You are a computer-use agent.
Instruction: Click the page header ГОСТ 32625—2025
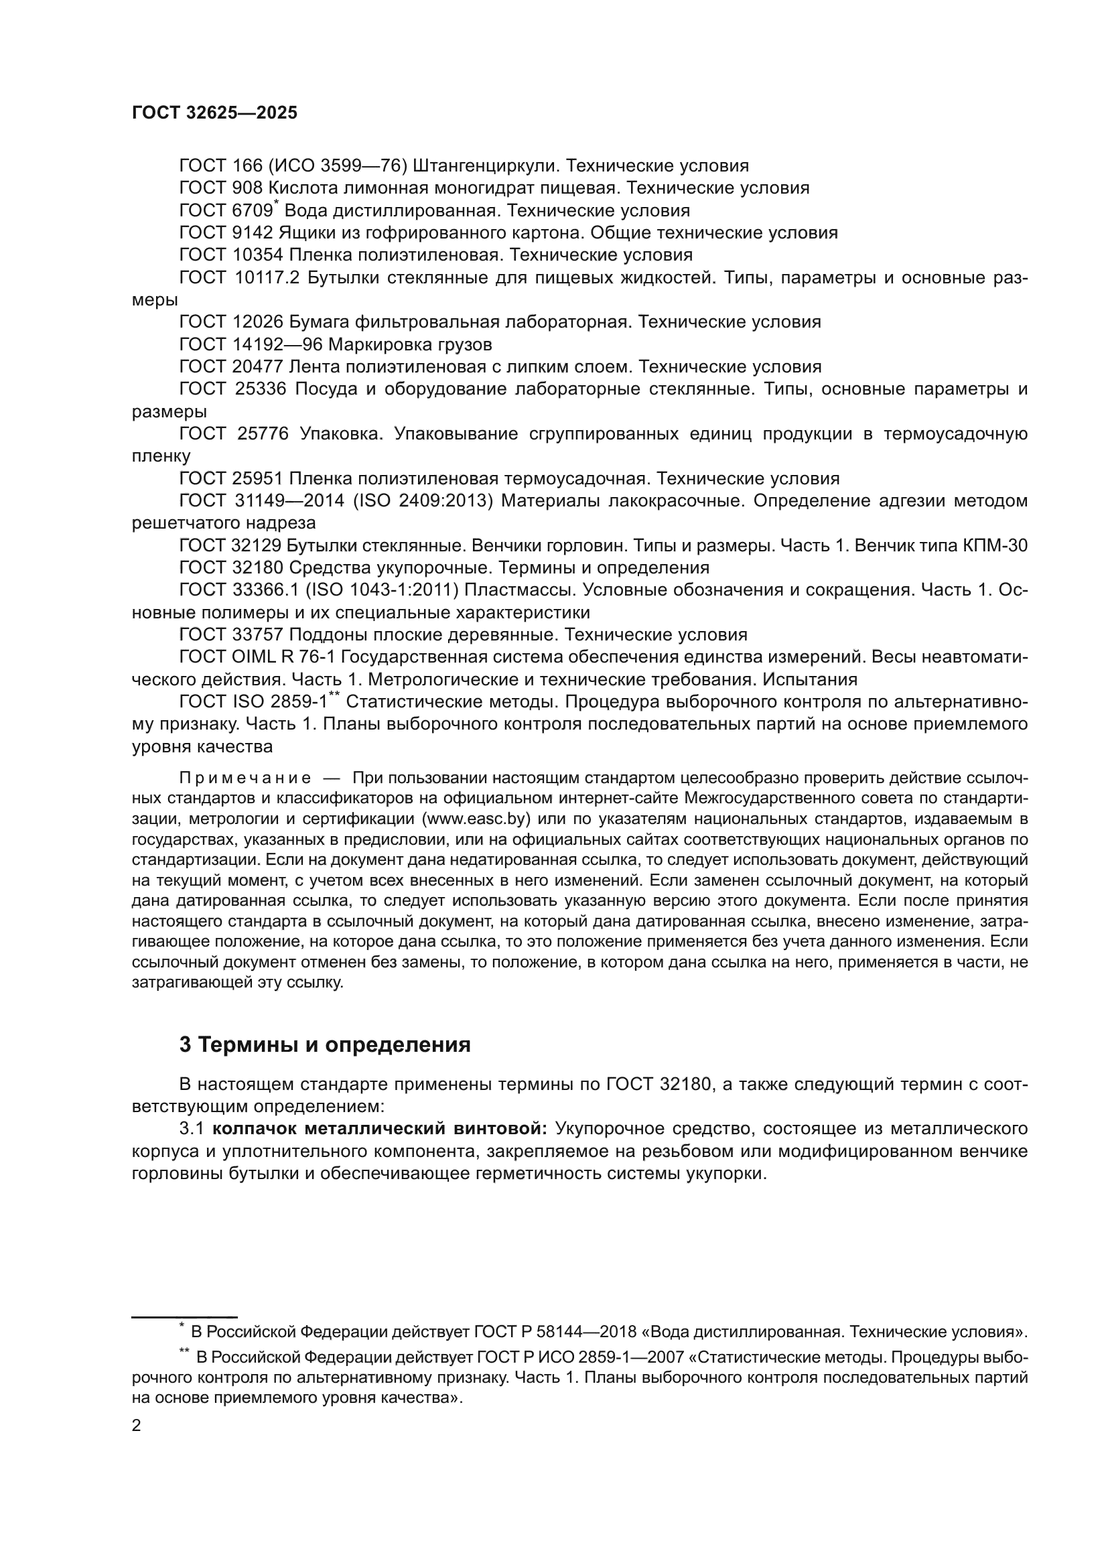[214, 113]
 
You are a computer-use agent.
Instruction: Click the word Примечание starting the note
[245, 778]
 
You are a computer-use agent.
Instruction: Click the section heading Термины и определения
[334, 1045]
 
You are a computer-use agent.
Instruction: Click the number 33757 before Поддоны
[258, 634]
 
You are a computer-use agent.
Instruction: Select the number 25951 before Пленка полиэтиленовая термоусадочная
[258, 478]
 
